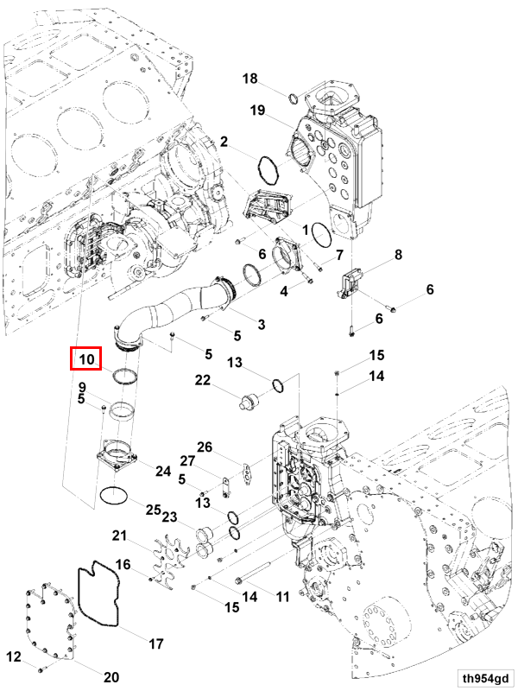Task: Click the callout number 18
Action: (250, 79)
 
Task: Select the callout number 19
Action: (257, 110)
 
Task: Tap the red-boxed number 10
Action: (86, 358)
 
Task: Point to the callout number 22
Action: (202, 380)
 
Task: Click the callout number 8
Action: (398, 255)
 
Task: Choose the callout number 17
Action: (156, 643)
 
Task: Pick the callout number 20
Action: (111, 676)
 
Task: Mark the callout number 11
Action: (282, 597)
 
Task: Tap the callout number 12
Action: (13, 658)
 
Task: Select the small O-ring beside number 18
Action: (292, 95)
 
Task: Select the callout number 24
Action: (162, 471)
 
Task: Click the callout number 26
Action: (204, 447)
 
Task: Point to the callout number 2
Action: (223, 141)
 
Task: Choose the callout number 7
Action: (339, 256)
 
